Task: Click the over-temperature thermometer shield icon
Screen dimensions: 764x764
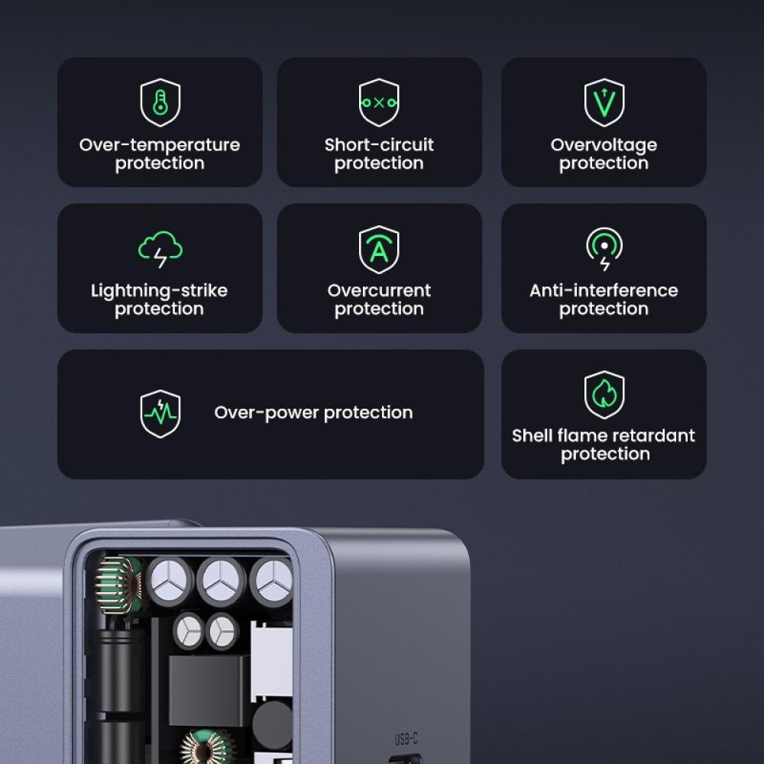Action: click(x=160, y=102)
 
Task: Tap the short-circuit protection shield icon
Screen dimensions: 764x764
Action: click(x=379, y=102)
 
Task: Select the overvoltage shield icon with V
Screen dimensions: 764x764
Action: click(x=604, y=102)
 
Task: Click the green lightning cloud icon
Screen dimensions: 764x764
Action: click(x=160, y=249)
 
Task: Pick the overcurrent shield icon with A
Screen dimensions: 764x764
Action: click(x=379, y=249)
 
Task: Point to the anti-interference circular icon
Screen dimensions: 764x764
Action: click(x=604, y=249)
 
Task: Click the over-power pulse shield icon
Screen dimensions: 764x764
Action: click(x=160, y=413)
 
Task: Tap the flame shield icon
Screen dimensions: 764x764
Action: click(x=604, y=394)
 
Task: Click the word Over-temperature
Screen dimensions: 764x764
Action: click(x=160, y=145)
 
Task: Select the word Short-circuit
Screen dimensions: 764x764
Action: click(x=379, y=145)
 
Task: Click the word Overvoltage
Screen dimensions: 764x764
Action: click(x=604, y=145)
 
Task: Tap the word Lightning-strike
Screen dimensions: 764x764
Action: click(x=159, y=291)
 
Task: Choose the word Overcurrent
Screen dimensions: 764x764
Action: click(x=379, y=291)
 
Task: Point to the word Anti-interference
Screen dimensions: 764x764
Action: click(x=604, y=291)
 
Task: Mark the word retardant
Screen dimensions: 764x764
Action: click(x=658, y=436)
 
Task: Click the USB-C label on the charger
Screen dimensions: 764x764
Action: click(x=406, y=739)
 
